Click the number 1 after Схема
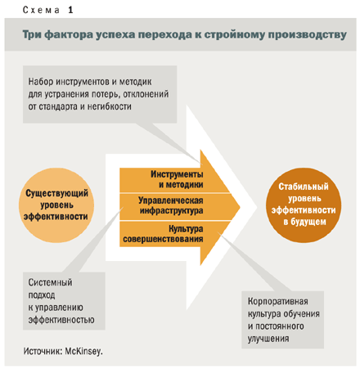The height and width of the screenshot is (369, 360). pyautogui.click(x=70, y=10)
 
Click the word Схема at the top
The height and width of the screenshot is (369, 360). pyautogui.click(x=41, y=10)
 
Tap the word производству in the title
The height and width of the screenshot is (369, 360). pyautogui.click(x=308, y=34)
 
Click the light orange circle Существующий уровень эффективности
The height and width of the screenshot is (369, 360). pyautogui.click(x=56, y=205)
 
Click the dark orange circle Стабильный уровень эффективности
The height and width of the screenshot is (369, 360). pyautogui.click(x=304, y=205)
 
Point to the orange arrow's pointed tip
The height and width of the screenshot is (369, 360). pyautogui.click(x=240, y=207)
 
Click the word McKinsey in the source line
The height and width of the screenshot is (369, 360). pyautogui.click(x=83, y=351)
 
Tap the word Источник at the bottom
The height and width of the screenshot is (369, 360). pyautogui.click(x=43, y=351)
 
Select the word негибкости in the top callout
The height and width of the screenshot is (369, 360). pyautogui.click(x=110, y=106)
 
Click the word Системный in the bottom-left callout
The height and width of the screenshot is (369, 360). pyautogui.click(x=50, y=282)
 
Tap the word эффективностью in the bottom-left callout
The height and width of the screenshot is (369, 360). pyautogui.click(x=61, y=320)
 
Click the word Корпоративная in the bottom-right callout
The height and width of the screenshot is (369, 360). pyautogui.click(x=278, y=301)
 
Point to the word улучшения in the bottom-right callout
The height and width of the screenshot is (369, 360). pyautogui.click(x=268, y=339)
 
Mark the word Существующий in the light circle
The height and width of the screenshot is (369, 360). pyautogui.click(x=56, y=193)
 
